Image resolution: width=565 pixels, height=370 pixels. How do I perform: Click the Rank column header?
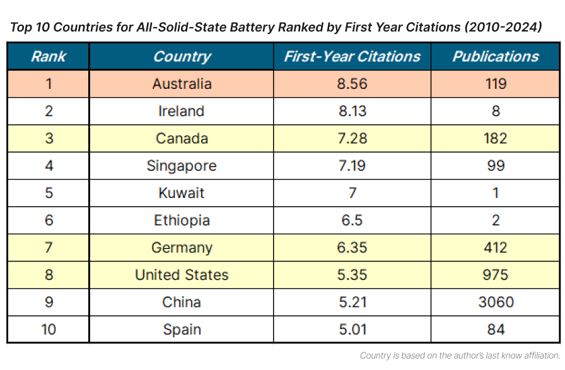pyautogui.click(x=48, y=57)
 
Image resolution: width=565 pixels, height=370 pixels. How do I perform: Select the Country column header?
pyautogui.click(x=182, y=57)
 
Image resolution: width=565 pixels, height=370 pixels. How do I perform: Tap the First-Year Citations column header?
pyautogui.click(x=352, y=57)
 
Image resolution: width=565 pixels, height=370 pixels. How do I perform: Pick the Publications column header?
pyautogui.click(x=496, y=57)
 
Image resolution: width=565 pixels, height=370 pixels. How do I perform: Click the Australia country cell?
pyautogui.click(x=182, y=84)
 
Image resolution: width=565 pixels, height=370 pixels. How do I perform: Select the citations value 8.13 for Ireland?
pyautogui.click(x=352, y=112)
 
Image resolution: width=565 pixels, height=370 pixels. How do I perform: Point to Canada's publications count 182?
pyautogui.click(x=496, y=139)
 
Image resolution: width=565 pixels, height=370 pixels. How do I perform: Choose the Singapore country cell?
pyautogui.click(x=182, y=166)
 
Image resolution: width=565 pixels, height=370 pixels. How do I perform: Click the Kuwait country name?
pyautogui.click(x=182, y=193)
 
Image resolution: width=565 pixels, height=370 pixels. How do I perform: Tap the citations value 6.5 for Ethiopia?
pyautogui.click(x=352, y=221)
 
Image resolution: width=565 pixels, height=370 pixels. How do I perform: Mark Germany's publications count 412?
pyautogui.click(x=496, y=248)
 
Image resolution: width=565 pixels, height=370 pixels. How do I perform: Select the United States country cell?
pyautogui.click(x=182, y=275)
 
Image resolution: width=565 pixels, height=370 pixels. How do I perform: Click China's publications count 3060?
pyautogui.click(x=496, y=303)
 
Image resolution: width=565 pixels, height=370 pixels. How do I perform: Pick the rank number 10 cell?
pyautogui.click(x=48, y=330)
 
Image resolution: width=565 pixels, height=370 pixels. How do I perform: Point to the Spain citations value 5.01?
pyautogui.click(x=352, y=330)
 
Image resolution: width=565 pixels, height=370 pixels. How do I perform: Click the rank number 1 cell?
pyautogui.click(x=48, y=84)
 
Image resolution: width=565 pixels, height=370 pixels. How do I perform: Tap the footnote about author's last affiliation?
pyautogui.click(x=460, y=356)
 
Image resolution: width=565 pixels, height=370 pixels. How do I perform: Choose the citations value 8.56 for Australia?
pyautogui.click(x=352, y=84)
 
